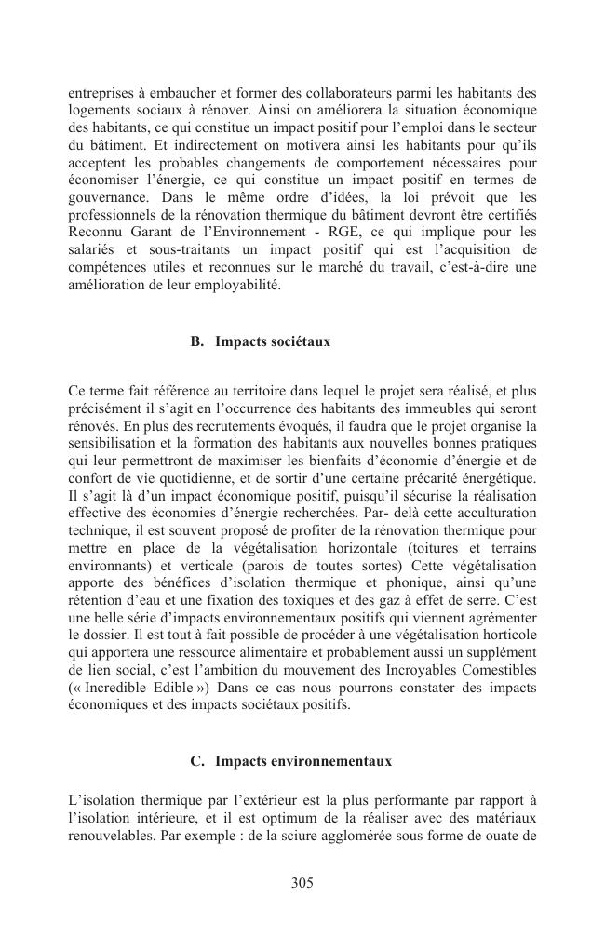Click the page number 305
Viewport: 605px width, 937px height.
pyautogui.click(x=302, y=883)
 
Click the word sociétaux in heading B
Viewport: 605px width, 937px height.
pyautogui.click(x=300, y=341)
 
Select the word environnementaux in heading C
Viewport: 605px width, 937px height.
pyautogui.click(x=332, y=761)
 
